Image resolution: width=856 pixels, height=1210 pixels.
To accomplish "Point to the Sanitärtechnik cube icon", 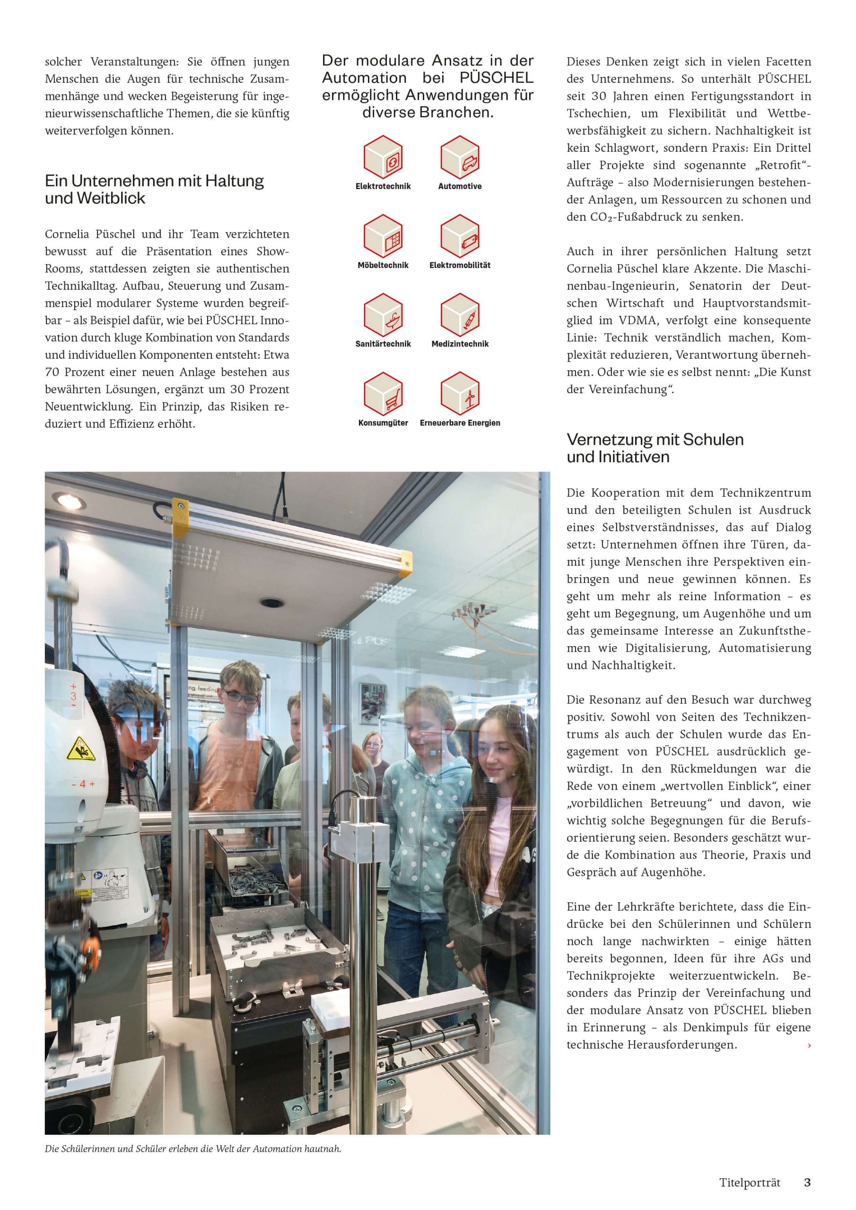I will (383, 315).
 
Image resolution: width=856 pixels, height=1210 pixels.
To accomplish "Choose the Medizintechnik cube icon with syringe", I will (460, 315).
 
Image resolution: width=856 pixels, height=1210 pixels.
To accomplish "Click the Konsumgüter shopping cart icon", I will (383, 394).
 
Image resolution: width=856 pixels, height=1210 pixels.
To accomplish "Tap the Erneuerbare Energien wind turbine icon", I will (460, 394).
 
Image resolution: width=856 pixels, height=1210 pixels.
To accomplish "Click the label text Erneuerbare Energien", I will (460, 423).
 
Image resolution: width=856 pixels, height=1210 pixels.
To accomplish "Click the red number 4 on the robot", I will (83, 784).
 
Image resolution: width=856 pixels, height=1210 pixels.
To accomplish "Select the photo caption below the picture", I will (193, 1149).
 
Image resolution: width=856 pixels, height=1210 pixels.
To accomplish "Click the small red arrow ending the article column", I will (809, 1045).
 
